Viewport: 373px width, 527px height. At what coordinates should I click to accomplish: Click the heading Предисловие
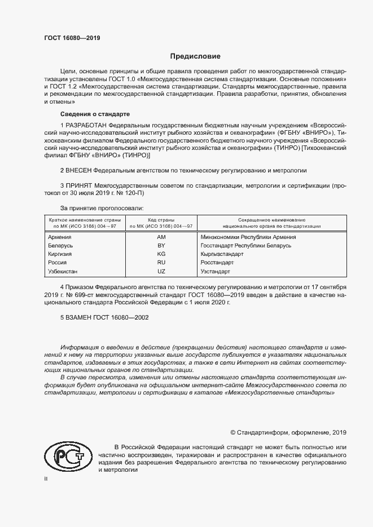(x=196, y=56)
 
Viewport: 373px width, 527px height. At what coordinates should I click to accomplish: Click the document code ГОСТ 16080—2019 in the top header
(x=72, y=38)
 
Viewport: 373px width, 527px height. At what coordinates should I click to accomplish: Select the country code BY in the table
(x=161, y=246)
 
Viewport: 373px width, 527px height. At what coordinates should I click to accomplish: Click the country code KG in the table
(x=161, y=254)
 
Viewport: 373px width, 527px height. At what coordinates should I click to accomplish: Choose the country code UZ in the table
(x=161, y=271)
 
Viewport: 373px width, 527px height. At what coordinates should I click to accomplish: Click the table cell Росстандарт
(x=217, y=263)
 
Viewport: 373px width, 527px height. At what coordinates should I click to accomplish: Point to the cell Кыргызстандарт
(x=221, y=254)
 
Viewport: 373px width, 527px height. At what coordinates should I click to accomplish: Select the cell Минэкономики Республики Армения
(x=248, y=237)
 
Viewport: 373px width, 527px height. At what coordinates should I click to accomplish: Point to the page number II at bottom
(x=46, y=478)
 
